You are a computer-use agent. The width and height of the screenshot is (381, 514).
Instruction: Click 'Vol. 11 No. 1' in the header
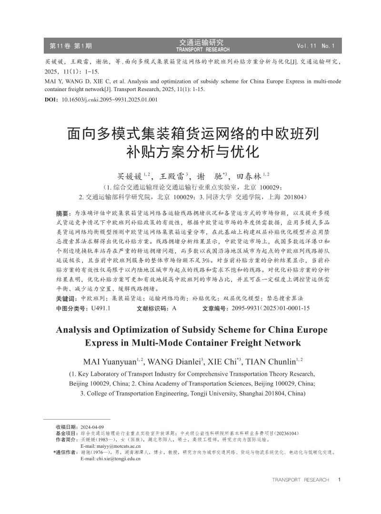click(x=316, y=46)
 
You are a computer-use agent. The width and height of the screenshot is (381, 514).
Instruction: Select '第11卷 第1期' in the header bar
click(x=71, y=46)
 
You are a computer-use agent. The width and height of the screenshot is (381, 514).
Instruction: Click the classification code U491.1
click(x=100, y=308)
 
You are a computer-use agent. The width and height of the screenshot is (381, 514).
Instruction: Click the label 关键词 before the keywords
click(x=66, y=298)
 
